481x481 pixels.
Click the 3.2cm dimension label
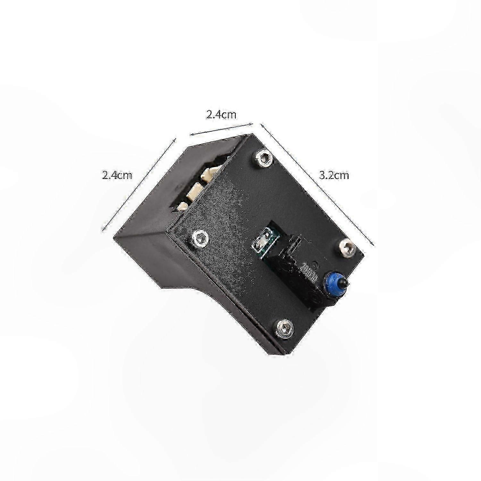pyautogui.click(x=334, y=175)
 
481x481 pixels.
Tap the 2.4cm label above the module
pyautogui.click(x=221, y=114)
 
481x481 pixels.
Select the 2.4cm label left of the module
pyautogui.click(x=117, y=175)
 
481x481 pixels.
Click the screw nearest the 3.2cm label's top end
pyautogui.click(x=265, y=157)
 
